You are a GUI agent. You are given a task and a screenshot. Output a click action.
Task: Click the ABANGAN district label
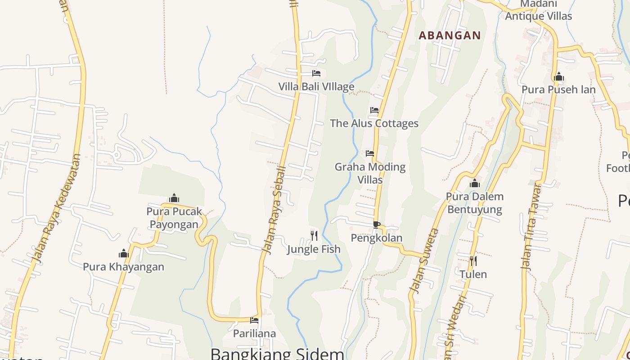point(450,35)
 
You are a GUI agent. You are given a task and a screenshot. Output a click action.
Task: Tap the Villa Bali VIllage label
point(316,86)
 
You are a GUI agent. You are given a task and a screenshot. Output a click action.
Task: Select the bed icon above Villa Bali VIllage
point(316,73)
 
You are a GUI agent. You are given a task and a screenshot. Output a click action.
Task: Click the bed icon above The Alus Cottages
point(374,110)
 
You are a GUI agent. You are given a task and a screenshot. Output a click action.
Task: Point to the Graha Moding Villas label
point(370,173)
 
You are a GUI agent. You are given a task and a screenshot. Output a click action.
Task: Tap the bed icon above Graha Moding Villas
point(370,153)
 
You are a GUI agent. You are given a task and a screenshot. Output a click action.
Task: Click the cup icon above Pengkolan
point(377,225)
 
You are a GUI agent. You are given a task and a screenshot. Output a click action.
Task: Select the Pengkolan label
point(376,238)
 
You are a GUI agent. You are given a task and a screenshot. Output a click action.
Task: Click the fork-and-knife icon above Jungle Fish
point(314,235)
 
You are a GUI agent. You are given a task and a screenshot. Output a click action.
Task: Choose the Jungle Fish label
point(314,249)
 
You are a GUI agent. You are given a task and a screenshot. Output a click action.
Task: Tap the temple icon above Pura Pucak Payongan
point(174,198)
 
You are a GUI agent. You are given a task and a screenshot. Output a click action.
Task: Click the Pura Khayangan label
point(123,267)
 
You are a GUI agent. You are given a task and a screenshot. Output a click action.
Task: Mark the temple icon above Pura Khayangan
point(124,253)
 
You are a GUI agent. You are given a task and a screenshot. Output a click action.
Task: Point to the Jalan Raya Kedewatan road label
point(58,209)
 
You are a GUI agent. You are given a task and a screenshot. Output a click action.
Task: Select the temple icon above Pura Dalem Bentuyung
point(475,183)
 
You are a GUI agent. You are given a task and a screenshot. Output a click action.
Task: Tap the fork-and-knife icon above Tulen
point(473,261)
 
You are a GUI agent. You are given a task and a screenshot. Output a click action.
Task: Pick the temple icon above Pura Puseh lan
point(559,76)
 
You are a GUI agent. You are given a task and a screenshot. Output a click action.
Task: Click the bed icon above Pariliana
point(254,320)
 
